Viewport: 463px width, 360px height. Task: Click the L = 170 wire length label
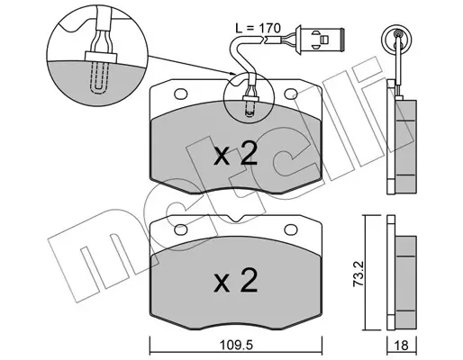point(258,28)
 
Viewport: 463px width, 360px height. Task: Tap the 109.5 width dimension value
point(236,345)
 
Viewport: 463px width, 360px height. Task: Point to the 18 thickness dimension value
point(402,346)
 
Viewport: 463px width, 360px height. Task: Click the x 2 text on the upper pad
point(235,154)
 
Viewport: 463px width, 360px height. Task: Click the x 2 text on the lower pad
point(235,280)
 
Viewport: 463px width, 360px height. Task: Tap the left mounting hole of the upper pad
point(181,94)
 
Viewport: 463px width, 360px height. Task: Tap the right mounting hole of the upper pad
point(291,94)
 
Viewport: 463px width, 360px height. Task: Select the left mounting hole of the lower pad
point(181,229)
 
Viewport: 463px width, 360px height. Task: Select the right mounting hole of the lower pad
point(291,229)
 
